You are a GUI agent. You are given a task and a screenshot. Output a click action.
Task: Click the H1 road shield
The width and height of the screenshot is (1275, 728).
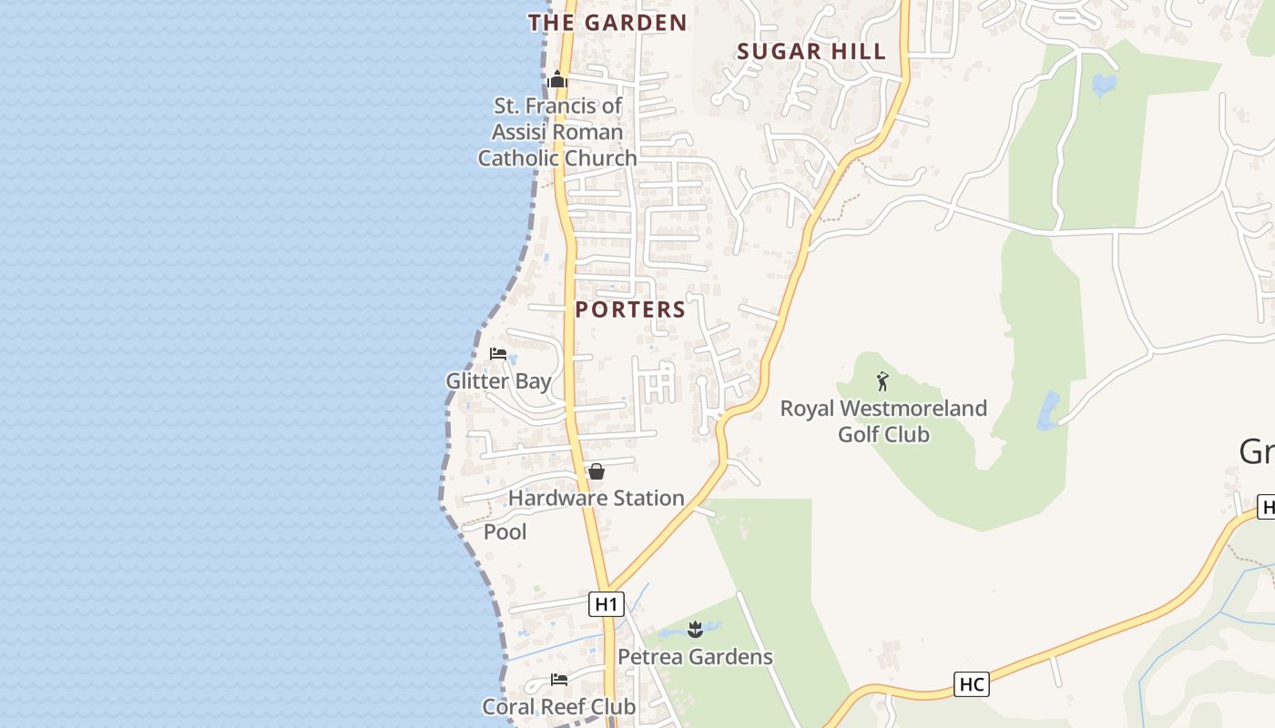tap(607, 603)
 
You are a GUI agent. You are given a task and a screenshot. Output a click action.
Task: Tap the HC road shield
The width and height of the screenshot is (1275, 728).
tap(972, 684)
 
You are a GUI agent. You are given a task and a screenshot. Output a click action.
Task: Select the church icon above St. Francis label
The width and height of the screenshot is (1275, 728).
tap(557, 80)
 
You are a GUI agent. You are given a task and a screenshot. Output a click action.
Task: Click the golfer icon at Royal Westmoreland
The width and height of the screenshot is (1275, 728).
tap(882, 381)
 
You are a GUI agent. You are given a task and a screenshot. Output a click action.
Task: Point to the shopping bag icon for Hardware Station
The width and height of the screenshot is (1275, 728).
tap(596, 471)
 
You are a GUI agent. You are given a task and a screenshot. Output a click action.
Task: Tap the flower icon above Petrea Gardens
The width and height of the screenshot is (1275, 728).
tap(696, 629)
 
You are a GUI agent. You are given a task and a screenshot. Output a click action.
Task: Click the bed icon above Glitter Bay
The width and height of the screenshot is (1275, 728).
tap(498, 354)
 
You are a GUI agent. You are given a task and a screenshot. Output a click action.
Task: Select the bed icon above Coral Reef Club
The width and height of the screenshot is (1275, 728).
tap(559, 680)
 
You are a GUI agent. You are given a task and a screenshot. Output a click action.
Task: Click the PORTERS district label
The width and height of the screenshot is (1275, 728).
tap(630, 309)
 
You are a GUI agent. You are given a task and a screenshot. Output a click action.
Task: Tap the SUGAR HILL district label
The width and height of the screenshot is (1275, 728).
tap(811, 52)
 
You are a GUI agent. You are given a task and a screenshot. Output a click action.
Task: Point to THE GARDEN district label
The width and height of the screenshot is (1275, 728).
tap(607, 23)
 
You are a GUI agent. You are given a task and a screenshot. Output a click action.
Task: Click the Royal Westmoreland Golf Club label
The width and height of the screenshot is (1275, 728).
tap(883, 421)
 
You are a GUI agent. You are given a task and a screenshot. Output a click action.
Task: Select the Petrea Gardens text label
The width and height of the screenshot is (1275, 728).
tap(695, 656)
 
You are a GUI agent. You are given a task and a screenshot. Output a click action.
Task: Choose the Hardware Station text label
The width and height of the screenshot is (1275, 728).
tap(596, 498)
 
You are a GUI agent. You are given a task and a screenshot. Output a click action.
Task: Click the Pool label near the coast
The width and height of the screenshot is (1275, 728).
tap(505, 531)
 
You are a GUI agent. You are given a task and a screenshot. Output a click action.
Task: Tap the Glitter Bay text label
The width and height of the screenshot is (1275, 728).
tap(498, 380)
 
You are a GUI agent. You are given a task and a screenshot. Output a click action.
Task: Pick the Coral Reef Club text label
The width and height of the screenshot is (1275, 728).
tap(558, 706)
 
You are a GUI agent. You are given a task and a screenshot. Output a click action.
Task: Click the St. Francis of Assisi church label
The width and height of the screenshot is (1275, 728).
tap(557, 132)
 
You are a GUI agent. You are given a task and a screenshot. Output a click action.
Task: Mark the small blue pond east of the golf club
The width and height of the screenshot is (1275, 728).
tap(1049, 409)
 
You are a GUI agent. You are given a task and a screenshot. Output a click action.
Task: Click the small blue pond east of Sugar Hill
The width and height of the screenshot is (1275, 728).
tap(1104, 86)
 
